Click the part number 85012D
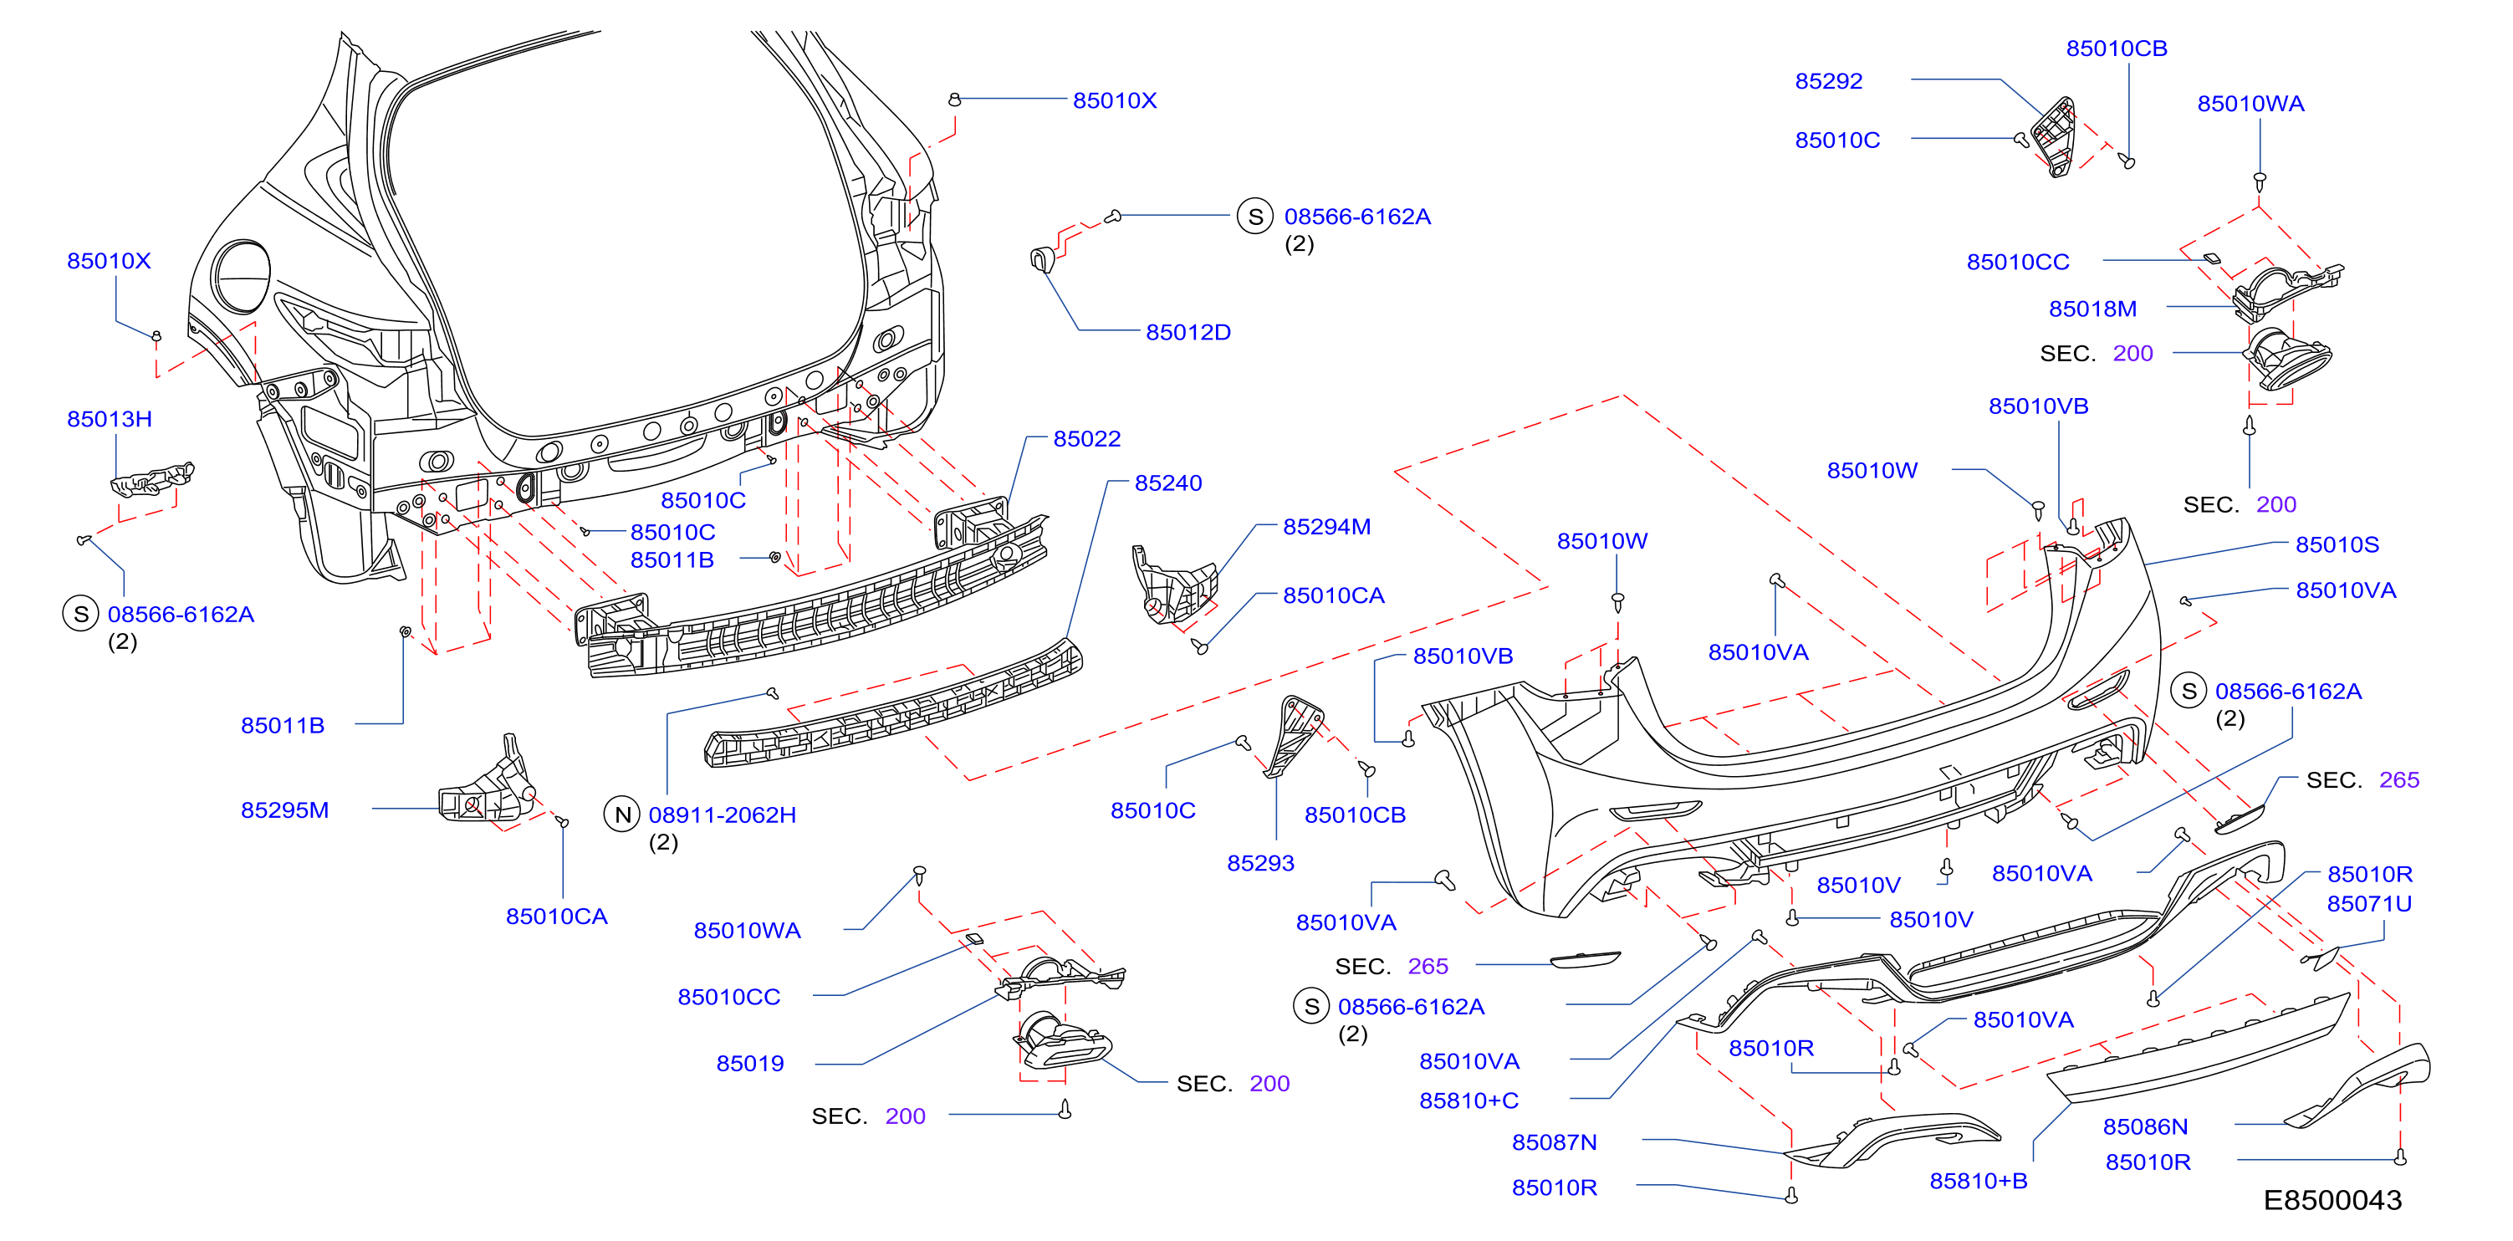coord(1188,333)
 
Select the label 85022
coord(1087,439)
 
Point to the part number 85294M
coord(1326,527)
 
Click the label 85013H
coord(110,420)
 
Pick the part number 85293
coord(1260,863)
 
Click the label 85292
coord(1828,81)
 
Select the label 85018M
coord(2092,309)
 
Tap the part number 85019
coord(750,1064)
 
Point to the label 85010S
coord(2337,544)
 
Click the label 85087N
coord(1554,1142)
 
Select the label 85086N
coord(2145,1127)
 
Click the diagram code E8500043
coord(2332,1200)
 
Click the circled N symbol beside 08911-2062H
coord(622,814)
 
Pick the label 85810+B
coord(1979,1182)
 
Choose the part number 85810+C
coord(1469,1101)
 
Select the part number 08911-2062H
coord(722,815)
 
